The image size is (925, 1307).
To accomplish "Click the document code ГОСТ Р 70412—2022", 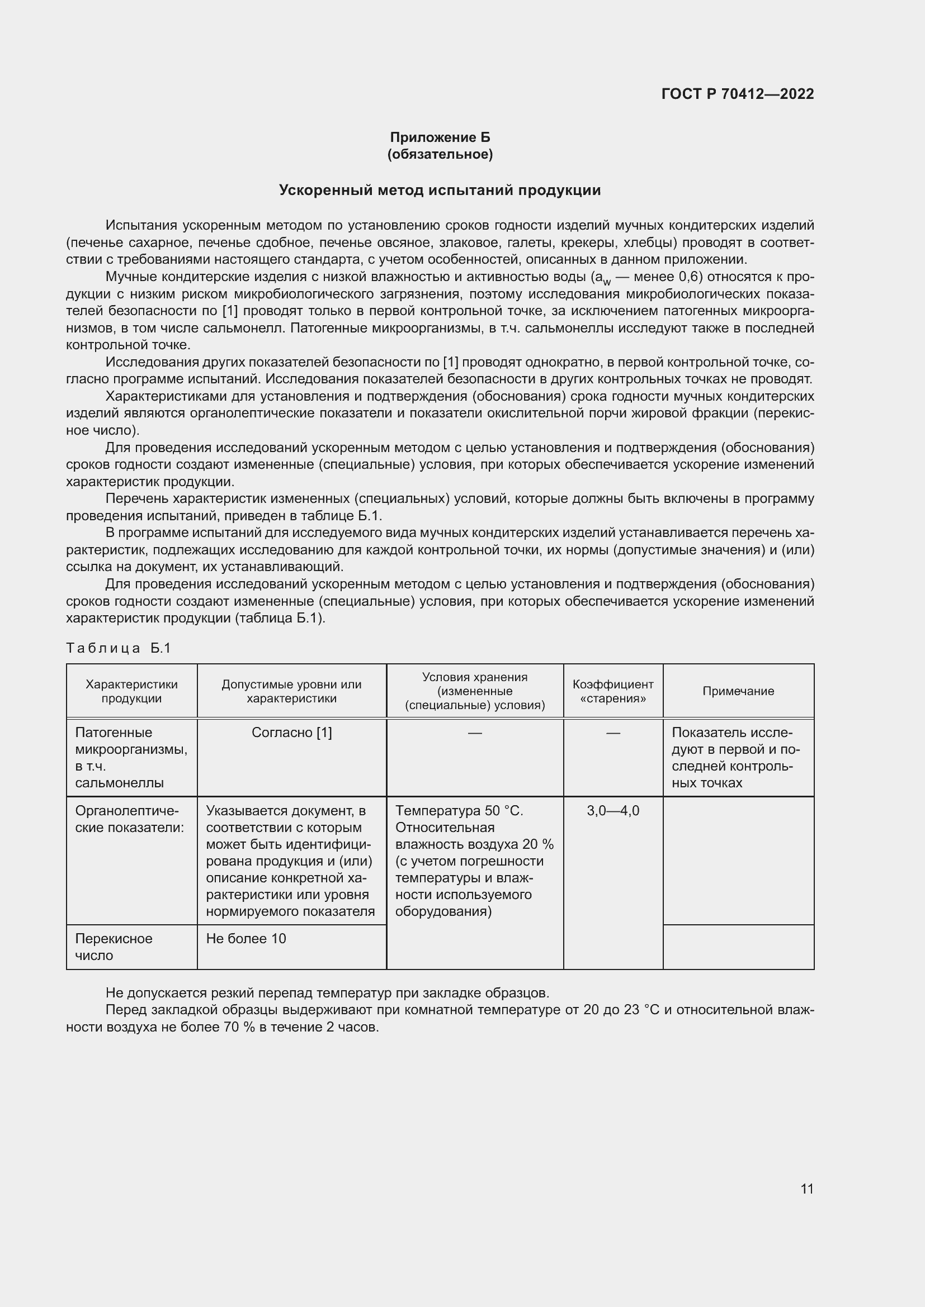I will click(x=738, y=94).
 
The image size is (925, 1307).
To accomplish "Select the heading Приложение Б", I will click(x=440, y=137).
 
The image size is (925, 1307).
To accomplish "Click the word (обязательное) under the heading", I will click(x=440, y=154).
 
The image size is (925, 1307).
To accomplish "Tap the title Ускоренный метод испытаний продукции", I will click(x=440, y=190).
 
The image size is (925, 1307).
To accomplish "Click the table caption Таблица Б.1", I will click(x=119, y=648).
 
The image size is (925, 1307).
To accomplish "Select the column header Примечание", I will click(x=738, y=691).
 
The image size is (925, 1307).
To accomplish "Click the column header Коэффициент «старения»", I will click(x=613, y=691).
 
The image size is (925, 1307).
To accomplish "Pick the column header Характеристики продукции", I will click(x=131, y=691).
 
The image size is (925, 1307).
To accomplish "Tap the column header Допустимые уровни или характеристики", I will click(x=291, y=691).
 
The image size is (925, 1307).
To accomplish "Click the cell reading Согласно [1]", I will click(x=291, y=733).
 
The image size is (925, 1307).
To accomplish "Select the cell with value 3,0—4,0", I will click(x=613, y=811).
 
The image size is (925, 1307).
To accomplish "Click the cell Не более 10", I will click(x=246, y=939).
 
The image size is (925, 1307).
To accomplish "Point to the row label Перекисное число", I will click(x=114, y=947).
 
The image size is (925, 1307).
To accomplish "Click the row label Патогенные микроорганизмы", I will click(x=131, y=740).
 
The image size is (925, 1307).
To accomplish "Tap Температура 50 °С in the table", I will click(x=459, y=811).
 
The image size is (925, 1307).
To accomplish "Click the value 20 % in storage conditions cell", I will click(x=537, y=844).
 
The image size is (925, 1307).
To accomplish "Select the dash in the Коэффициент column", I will click(x=613, y=733).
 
